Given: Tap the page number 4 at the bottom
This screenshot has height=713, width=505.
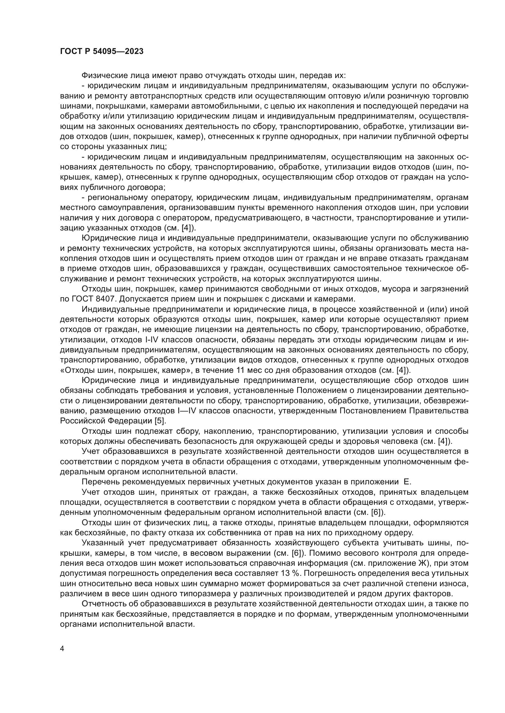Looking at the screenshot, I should pos(62,649).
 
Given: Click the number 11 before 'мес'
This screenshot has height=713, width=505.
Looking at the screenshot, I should pos(241,370).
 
